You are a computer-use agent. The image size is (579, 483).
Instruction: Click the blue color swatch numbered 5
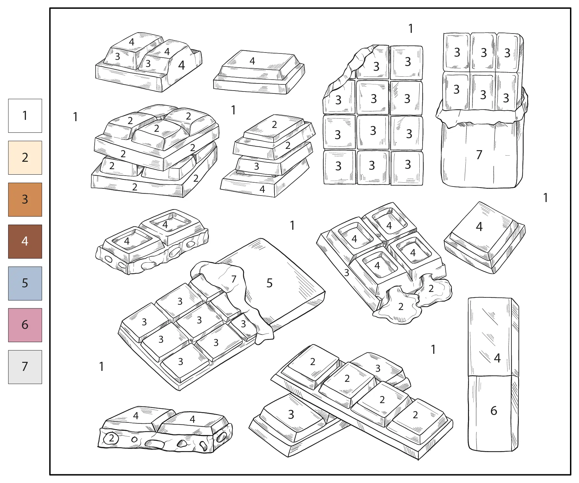(25, 283)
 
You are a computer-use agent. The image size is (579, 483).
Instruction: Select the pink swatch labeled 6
(25, 325)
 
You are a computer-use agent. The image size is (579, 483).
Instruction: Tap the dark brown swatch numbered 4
(25, 241)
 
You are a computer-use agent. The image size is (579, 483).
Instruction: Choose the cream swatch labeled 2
(25, 158)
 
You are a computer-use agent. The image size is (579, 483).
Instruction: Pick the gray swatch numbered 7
(25, 367)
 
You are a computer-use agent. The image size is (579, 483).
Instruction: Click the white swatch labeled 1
(25, 116)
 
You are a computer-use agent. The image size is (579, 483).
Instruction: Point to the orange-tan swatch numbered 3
(25, 199)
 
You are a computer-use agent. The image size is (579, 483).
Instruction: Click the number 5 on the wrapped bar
(269, 283)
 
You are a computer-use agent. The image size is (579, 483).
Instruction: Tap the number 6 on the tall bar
(494, 411)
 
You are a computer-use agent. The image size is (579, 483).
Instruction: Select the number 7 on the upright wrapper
(479, 155)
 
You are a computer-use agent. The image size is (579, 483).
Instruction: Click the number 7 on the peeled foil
(234, 279)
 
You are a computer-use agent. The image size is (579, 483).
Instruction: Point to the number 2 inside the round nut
(112, 438)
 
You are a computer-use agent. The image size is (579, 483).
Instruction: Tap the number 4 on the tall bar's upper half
(497, 358)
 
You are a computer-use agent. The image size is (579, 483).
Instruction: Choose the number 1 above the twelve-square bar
(411, 29)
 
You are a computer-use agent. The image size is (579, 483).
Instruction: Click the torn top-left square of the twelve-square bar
(373, 63)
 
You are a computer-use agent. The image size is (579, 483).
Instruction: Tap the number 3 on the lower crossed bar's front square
(291, 414)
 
